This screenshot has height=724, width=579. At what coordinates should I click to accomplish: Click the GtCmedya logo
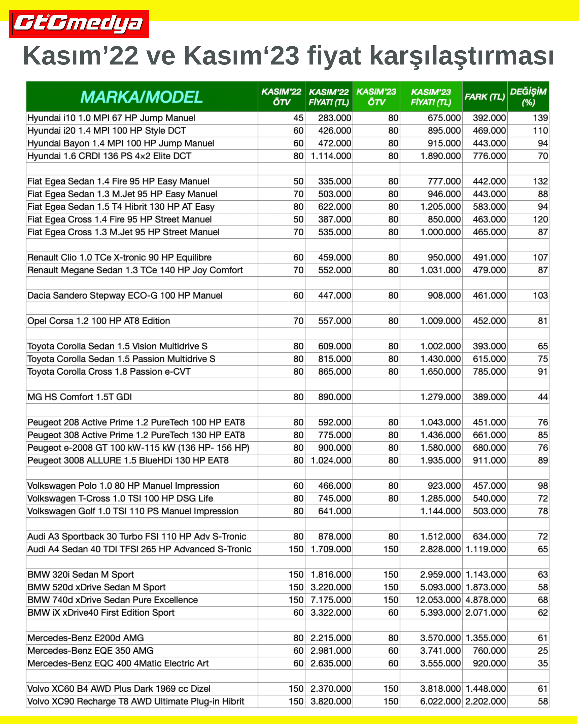coord(78,24)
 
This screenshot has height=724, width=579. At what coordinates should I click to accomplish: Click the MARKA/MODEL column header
coord(141,97)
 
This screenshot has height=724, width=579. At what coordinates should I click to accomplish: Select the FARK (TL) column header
coord(485,97)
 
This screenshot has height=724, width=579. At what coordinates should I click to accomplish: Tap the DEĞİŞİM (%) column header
coord(528,97)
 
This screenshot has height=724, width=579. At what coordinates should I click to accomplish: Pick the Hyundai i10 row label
coord(111,118)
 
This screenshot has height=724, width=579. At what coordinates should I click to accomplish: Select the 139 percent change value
coord(540,118)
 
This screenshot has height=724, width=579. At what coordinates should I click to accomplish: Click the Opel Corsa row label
coord(99,321)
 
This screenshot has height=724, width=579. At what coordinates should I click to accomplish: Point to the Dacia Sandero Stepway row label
coord(125,295)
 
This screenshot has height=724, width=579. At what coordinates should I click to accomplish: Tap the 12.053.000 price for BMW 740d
coord(438,600)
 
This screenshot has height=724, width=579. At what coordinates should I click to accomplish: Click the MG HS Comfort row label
coord(79,397)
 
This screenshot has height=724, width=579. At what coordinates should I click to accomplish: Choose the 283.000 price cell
coord(334,118)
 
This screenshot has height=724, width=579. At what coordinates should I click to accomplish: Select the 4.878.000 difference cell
coord(485,600)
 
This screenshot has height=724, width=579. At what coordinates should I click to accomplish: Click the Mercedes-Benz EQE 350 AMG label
coord(90,651)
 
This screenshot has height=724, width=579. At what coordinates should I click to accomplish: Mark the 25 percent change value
coord(542,651)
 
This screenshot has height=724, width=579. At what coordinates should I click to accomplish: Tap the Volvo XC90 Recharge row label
coord(136,701)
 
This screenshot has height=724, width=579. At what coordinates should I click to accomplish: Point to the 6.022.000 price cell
coord(440,701)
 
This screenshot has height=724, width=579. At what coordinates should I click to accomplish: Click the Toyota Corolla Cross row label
coord(109,371)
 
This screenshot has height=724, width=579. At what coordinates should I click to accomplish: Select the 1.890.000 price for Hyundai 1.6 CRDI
coord(440,156)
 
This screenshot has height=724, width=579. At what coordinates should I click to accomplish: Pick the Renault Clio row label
coord(119,257)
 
